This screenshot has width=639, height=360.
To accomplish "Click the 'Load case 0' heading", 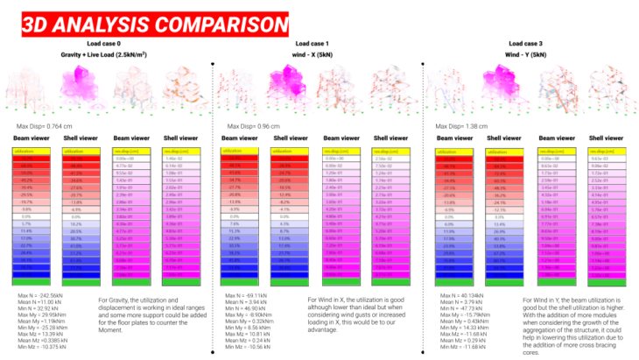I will point(106,43).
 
